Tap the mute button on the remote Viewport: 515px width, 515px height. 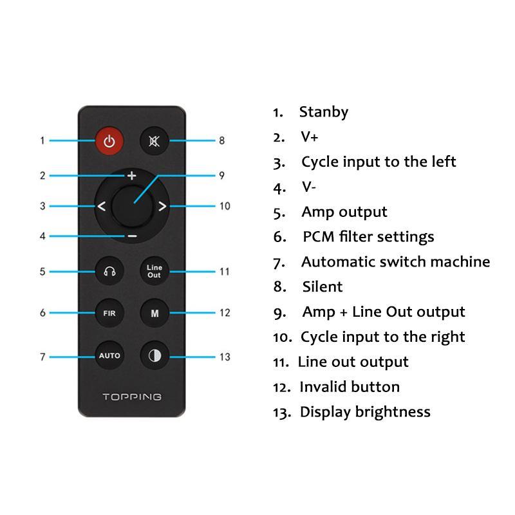pyautogui.click(x=154, y=141)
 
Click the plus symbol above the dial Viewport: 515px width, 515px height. pyautogui.click(x=132, y=175)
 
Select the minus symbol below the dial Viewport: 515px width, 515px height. pyautogui.click(x=132, y=236)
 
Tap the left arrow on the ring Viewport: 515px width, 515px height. pyautogui.click(x=102, y=207)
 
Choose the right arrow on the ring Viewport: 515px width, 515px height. pyautogui.click(x=162, y=207)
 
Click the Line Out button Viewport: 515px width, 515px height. pyautogui.click(x=154, y=271)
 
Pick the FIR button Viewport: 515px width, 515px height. pyautogui.click(x=109, y=314)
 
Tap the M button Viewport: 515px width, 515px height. pyautogui.click(x=154, y=314)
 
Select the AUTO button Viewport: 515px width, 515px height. pyautogui.click(x=109, y=356)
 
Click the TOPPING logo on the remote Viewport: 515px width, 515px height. pyautogui.click(x=132, y=397)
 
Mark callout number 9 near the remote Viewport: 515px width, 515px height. pyautogui.click(x=221, y=175)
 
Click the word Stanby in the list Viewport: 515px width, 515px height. pyautogui.click(x=323, y=112)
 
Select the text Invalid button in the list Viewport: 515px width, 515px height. pyautogui.click(x=349, y=387)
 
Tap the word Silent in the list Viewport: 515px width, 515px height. pyautogui.click(x=322, y=286)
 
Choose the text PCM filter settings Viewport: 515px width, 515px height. pyautogui.click(x=368, y=237)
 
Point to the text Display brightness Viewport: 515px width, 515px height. pyautogui.click(x=365, y=412)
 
